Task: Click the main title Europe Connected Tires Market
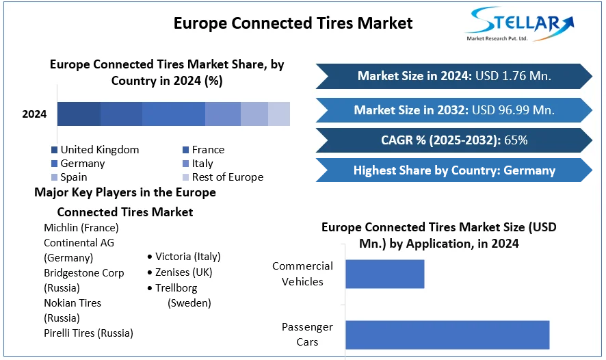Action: (x=293, y=23)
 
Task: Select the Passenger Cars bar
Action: (x=447, y=335)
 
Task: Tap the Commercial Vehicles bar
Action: (x=385, y=274)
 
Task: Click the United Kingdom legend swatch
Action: (x=54, y=150)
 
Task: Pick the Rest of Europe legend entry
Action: (x=227, y=177)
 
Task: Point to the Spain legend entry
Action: (x=73, y=177)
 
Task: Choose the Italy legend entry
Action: (x=202, y=164)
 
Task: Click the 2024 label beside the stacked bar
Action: (x=34, y=114)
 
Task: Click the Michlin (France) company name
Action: (x=81, y=227)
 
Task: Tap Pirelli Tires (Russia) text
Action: (x=88, y=333)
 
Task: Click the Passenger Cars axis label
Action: (x=307, y=335)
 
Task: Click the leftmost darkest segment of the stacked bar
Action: (x=79, y=114)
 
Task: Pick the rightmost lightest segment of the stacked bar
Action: (x=279, y=114)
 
